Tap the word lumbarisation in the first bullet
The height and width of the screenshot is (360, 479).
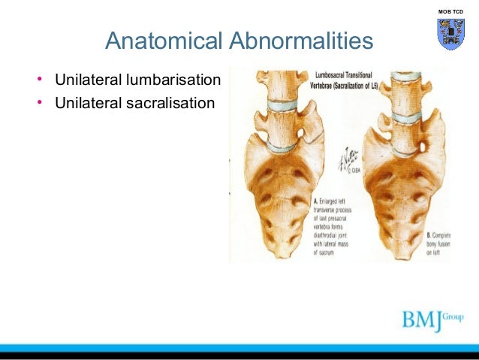[x=175, y=80]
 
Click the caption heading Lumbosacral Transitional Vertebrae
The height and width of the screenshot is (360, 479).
[x=350, y=77]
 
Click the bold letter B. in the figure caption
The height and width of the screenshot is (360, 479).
[x=430, y=233]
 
